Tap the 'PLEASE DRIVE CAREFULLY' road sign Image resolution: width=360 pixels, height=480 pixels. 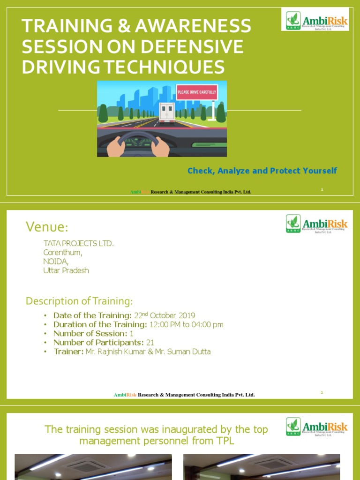(x=197, y=92)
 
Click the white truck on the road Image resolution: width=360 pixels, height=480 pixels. (x=166, y=112)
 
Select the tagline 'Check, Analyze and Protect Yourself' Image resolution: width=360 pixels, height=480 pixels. (x=262, y=171)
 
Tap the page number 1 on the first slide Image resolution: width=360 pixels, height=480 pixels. (x=322, y=189)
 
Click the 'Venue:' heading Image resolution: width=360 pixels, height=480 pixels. (x=47, y=227)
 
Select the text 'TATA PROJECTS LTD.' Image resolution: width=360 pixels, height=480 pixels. (x=78, y=244)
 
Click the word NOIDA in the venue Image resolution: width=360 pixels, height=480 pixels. (x=55, y=262)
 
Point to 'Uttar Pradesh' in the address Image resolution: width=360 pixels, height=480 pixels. (x=66, y=270)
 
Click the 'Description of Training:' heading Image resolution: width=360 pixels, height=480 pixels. (x=79, y=301)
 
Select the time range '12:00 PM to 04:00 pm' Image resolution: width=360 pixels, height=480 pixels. (x=186, y=324)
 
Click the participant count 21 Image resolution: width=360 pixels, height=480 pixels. (x=150, y=343)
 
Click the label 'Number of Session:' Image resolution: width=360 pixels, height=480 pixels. (x=90, y=334)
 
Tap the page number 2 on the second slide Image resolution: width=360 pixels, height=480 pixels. (x=322, y=392)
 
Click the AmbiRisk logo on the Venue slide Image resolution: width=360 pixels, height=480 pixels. (x=317, y=224)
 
